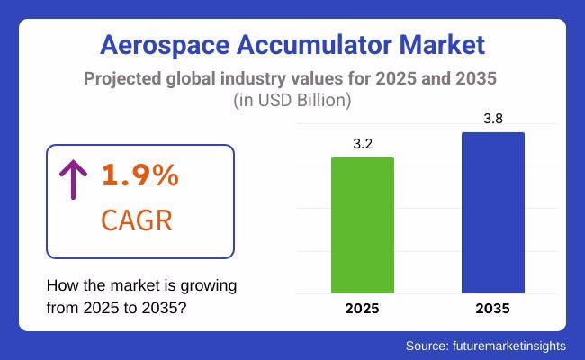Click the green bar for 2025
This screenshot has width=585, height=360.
[363, 225]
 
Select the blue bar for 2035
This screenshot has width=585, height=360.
[492, 212]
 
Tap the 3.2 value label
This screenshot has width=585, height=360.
[363, 142]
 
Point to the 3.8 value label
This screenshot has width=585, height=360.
[492, 117]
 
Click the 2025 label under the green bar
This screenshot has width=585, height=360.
[363, 309]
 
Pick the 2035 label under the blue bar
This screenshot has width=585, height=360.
[492, 309]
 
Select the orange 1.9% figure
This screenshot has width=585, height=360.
[139, 176]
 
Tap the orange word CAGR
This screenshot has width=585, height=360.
[136, 220]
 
